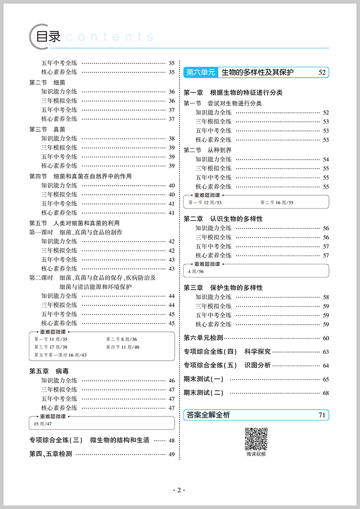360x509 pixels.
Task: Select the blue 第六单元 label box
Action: click(201, 72)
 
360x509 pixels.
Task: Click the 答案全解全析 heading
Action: click(208, 415)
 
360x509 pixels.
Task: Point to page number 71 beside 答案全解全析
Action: click(321, 415)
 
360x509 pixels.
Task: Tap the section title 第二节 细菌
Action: click(47, 83)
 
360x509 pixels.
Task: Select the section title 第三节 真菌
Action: click(47, 129)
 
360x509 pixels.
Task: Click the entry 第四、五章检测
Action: click(50, 454)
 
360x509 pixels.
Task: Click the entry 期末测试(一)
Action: click(203, 379)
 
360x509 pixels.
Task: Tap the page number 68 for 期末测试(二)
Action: click(326, 393)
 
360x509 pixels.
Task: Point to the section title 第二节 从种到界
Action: click(207, 150)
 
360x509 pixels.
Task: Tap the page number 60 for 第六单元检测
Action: click(326, 339)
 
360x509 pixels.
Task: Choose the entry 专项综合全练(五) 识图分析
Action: click(227, 365)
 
